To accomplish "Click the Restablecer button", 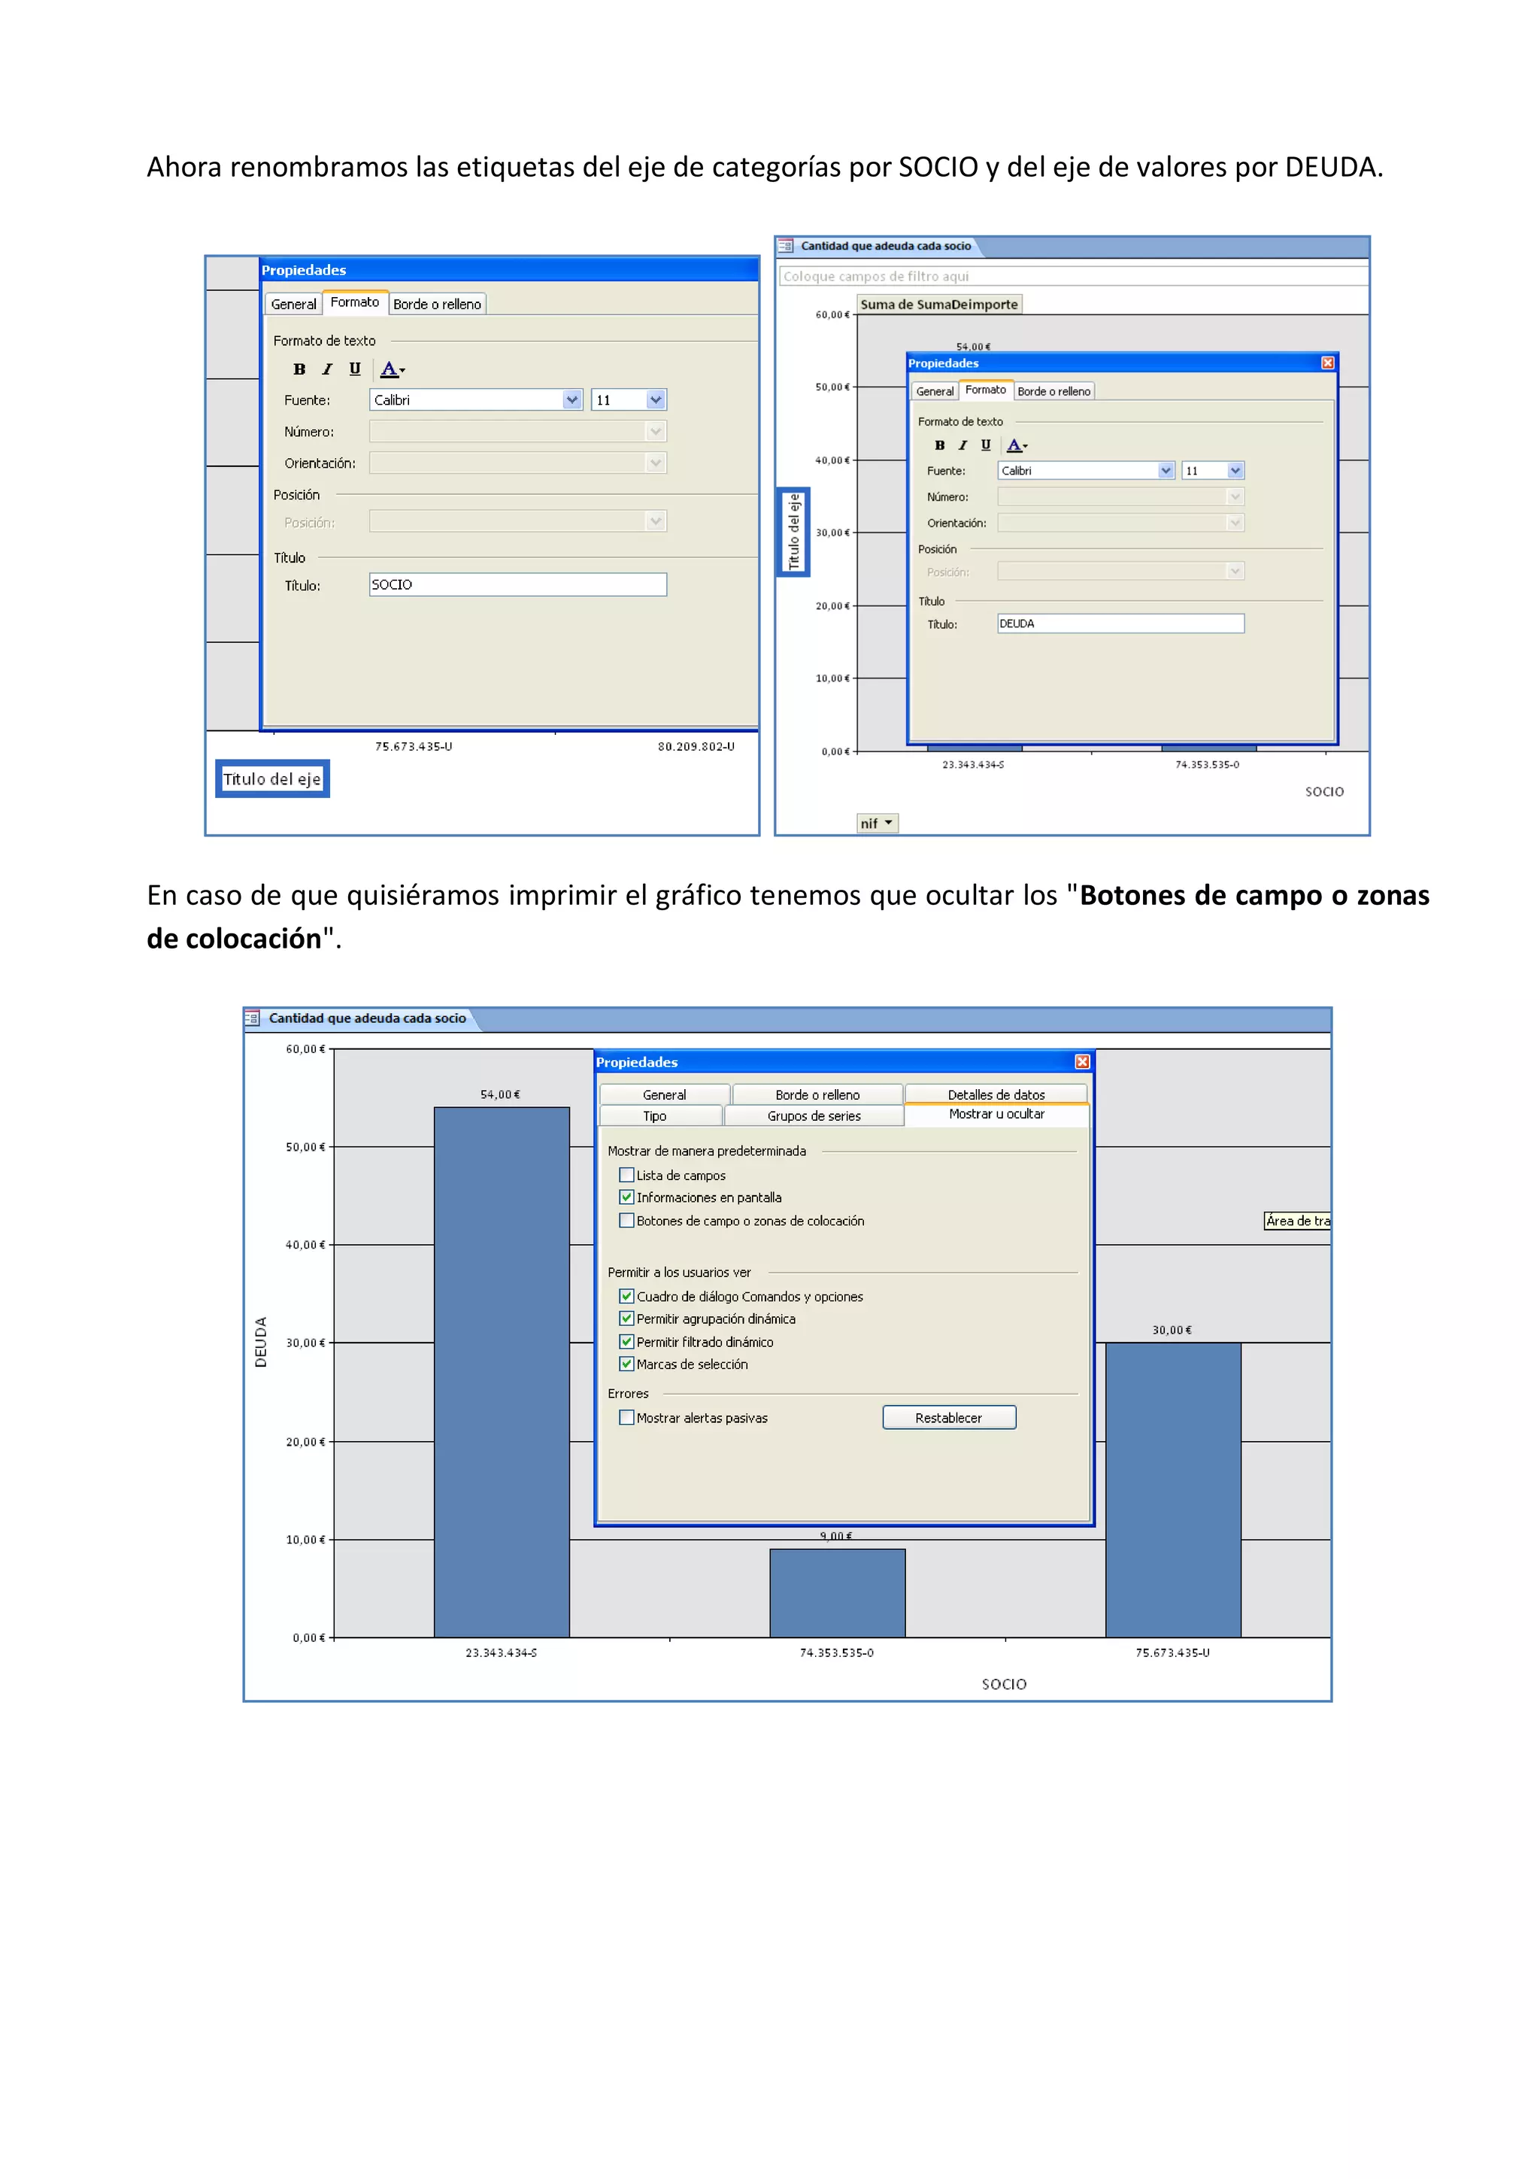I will [x=948, y=1417].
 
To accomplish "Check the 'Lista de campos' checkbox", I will [x=626, y=1175].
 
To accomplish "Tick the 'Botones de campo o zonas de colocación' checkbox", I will [x=626, y=1221].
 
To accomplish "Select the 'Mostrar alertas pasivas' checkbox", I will [x=626, y=1417].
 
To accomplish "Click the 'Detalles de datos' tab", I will [x=996, y=1094].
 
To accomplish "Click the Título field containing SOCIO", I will [x=517, y=584].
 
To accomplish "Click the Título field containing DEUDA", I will [x=1120, y=624].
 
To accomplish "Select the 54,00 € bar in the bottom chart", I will [x=501, y=1371].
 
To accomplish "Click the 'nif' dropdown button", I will [x=877, y=824].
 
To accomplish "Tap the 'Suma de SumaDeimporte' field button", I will [x=938, y=305].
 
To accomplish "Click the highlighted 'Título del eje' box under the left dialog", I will [x=272, y=779].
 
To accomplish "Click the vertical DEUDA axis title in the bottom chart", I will [x=261, y=1341].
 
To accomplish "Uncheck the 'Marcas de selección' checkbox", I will [x=626, y=1364].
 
